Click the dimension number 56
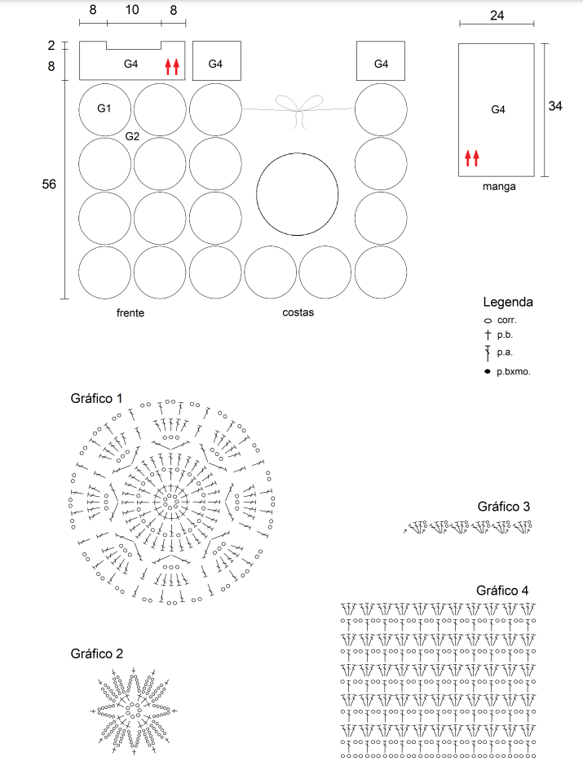[x=49, y=184]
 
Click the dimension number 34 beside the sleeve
[x=554, y=106]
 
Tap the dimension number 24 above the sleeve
[x=497, y=15]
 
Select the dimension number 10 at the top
[x=132, y=10]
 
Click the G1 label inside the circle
[x=104, y=108]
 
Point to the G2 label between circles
[x=132, y=136]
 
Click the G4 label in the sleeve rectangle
[x=498, y=110]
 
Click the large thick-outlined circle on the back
[x=256, y=194]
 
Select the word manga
[x=499, y=187]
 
